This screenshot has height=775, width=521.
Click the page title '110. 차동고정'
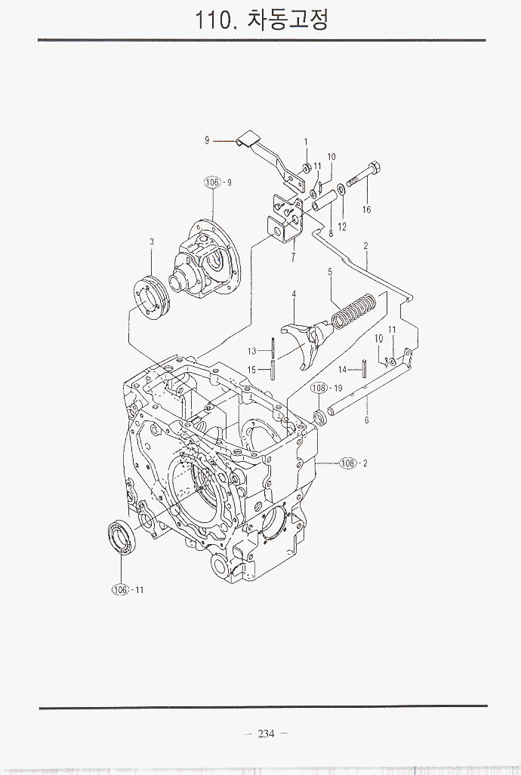tap(261, 20)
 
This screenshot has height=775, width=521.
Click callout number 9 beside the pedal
tap(206, 140)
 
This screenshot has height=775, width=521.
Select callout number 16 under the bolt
tap(367, 210)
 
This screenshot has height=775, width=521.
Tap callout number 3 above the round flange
tap(152, 242)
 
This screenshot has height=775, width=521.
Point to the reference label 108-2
tap(353, 463)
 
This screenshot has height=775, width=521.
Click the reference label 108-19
tap(327, 388)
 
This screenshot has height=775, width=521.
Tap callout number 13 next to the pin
tap(252, 351)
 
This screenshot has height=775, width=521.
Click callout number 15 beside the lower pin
tap(252, 369)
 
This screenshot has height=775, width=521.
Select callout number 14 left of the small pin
tap(342, 370)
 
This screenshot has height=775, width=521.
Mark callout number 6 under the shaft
tap(366, 420)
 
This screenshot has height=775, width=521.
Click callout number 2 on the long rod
tap(365, 246)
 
